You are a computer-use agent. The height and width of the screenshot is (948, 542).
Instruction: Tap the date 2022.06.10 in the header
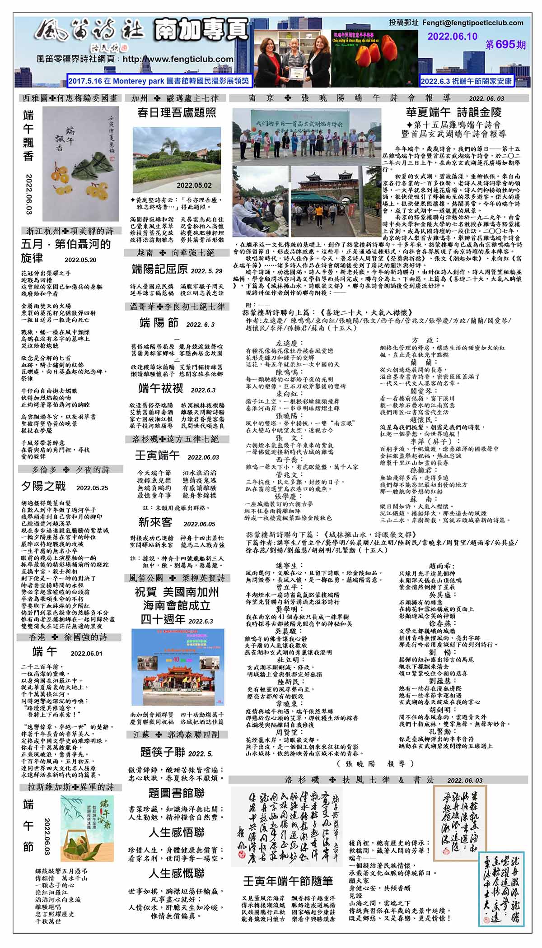click(452, 37)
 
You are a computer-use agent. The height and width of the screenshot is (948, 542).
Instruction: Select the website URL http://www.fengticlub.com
click(178, 59)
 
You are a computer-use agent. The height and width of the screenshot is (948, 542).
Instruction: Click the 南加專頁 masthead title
click(201, 29)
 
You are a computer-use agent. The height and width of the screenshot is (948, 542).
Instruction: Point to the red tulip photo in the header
click(375, 52)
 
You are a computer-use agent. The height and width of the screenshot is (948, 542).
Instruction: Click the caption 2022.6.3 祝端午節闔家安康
click(466, 81)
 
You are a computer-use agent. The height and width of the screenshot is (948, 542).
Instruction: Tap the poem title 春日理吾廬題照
click(177, 112)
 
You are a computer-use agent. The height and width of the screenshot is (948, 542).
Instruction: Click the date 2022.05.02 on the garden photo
click(194, 185)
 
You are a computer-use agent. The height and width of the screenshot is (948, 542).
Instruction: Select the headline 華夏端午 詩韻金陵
click(453, 112)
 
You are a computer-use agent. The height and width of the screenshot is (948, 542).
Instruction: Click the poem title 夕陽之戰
click(43, 486)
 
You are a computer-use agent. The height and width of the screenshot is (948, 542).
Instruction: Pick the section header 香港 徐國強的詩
click(69, 637)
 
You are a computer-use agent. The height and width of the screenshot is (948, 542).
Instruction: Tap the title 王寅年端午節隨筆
click(288, 881)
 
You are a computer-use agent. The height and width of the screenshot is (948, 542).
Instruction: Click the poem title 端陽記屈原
click(159, 270)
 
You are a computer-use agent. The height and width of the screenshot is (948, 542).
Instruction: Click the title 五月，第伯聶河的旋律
click(65, 251)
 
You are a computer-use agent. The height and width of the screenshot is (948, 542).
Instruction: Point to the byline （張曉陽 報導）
click(375, 763)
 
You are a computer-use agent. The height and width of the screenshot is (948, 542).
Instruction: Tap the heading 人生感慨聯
click(177, 873)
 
